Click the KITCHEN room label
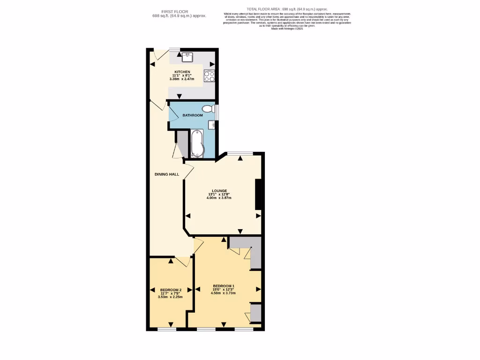click(x=182, y=72)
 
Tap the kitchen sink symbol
click(x=188, y=57)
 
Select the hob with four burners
click(x=210, y=76)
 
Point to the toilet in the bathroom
click(x=208, y=109)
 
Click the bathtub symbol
click(x=197, y=143)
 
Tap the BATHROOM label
click(x=193, y=115)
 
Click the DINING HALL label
click(x=167, y=174)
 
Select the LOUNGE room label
click(x=219, y=191)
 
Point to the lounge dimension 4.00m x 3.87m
click(x=219, y=198)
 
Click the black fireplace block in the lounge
click(x=258, y=194)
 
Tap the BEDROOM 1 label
click(x=224, y=286)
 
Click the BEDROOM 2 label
click(x=170, y=290)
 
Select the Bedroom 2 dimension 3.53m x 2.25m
click(x=170, y=297)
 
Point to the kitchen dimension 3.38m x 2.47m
click(x=182, y=79)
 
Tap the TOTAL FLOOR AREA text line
click(x=287, y=9)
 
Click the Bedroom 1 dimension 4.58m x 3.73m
click(x=224, y=293)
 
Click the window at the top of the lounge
click(x=240, y=153)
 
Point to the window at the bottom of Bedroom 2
click(x=167, y=329)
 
